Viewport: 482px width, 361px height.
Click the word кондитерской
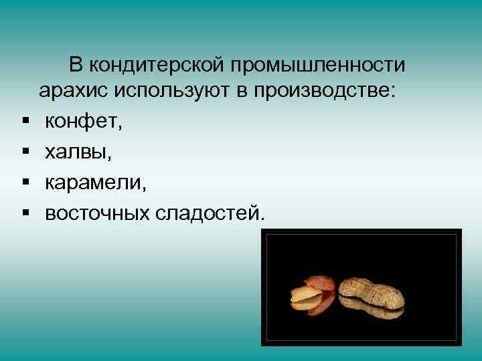[158, 66]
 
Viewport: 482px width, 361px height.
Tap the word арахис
[72, 92]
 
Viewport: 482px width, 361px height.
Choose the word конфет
[82, 122]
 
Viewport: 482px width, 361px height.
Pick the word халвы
[74, 152]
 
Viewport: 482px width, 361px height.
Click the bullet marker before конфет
[25, 122]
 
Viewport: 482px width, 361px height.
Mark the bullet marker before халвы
[25, 152]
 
